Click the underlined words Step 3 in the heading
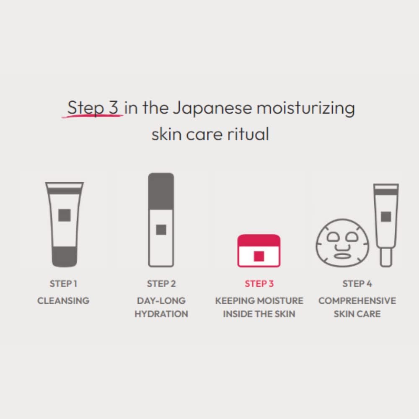(93, 108)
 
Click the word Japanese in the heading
(212, 108)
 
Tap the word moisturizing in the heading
(305, 108)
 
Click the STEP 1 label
(63, 284)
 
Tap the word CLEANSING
(63, 300)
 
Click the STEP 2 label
(161, 284)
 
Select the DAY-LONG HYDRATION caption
(161, 307)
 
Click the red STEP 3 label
(259, 284)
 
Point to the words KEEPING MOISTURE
(259, 300)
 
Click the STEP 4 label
(357, 284)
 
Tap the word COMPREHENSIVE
(357, 300)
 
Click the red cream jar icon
(259, 251)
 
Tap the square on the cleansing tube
(64, 215)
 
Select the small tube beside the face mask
(386, 224)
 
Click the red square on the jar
(259, 256)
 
